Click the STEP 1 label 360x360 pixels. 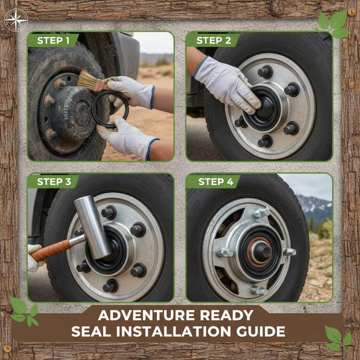pos(53,40)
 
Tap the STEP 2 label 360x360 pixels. pos(213,40)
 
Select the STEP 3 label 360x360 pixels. pos(54,182)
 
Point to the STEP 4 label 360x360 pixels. pos(216,182)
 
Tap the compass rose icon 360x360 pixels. pos(16,20)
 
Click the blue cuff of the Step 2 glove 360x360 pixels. pos(201,66)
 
